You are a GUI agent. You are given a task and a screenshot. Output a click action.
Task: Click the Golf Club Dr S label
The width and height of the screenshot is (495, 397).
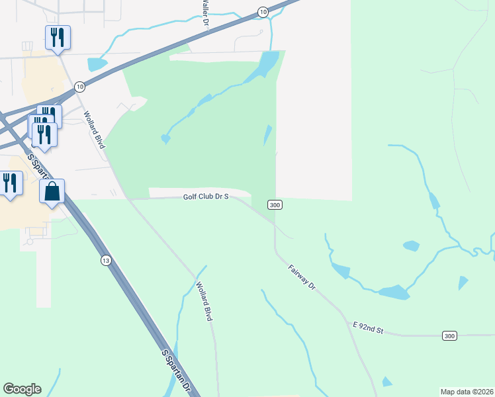coord(206,197)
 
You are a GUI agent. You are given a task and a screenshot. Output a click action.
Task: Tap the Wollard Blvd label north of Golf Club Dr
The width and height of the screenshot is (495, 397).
coord(94,128)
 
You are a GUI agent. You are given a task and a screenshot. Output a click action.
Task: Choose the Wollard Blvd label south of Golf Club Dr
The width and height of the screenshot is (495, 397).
coord(204,302)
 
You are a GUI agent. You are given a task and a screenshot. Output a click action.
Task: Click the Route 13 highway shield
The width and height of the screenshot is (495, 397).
coord(106,260)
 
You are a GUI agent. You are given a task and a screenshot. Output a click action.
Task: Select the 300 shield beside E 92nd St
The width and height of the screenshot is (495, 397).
coord(449,336)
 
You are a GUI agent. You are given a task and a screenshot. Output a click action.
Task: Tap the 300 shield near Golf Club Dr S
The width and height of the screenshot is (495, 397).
coord(276,205)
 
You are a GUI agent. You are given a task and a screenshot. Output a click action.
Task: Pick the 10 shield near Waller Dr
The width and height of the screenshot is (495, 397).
coord(263,12)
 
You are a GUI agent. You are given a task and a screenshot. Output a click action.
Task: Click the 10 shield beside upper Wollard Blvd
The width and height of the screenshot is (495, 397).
coord(79,87)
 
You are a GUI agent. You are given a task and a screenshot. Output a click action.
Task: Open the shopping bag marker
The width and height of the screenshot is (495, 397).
coord(52,192)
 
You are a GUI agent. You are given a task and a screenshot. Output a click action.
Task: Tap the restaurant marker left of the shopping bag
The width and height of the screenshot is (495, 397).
coord(11,183)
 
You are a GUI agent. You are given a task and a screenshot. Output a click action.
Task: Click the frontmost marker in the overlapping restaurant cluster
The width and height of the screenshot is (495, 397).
coord(44,134)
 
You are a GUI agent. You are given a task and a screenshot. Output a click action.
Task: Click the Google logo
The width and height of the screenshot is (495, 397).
coord(22,389)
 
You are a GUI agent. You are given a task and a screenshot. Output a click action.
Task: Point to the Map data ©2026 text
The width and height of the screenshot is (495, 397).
coord(467,391)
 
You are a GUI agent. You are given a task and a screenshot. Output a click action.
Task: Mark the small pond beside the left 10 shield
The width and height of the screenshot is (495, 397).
coord(97,64)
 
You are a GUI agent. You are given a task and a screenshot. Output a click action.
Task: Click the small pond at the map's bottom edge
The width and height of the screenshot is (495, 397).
coord(386,382)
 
